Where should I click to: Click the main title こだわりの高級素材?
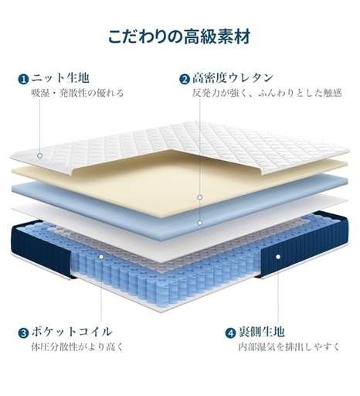(179, 36)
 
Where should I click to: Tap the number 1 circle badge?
(23, 79)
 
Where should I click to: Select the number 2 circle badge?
(185, 79)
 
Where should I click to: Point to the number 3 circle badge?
(23, 333)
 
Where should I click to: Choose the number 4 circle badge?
(230, 333)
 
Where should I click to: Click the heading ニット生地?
(60, 78)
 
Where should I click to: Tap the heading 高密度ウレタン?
(233, 78)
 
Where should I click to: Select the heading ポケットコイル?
(72, 332)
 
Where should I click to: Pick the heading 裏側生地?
(261, 332)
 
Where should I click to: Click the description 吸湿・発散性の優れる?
(77, 93)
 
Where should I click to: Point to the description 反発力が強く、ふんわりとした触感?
(267, 93)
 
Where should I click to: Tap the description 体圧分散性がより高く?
(77, 346)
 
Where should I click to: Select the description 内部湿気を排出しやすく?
(289, 346)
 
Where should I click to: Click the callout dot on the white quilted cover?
(39, 155)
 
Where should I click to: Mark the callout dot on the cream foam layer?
(200, 197)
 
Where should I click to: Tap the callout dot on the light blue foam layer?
(200, 223)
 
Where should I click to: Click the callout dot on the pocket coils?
(101, 257)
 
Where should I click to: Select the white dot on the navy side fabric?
(278, 257)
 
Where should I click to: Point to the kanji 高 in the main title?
(191, 36)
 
